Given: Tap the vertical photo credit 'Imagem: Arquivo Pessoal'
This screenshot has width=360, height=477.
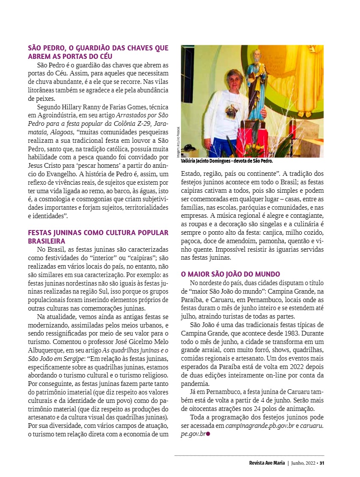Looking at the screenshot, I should tap(178, 142).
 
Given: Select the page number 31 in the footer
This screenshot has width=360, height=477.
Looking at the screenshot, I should tap(322, 463).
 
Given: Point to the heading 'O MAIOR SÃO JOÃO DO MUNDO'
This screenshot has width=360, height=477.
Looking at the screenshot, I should tap(230, 274).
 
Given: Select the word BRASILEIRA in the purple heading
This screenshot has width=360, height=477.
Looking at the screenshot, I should tap(47, 241).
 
